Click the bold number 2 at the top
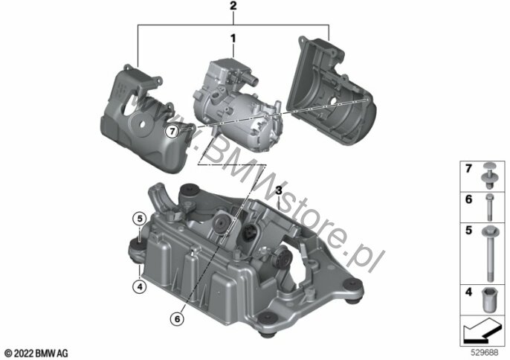point(233,6)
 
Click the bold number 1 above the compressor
point(233,39)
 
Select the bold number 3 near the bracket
point(279,190)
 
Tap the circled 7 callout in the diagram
point(172,132)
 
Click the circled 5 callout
point(140,219)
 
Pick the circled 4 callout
point(140,287)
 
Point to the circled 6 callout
point(177,318)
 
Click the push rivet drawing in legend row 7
point(489,175)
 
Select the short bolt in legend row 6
point(489,208)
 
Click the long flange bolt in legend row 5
point(490,254)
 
